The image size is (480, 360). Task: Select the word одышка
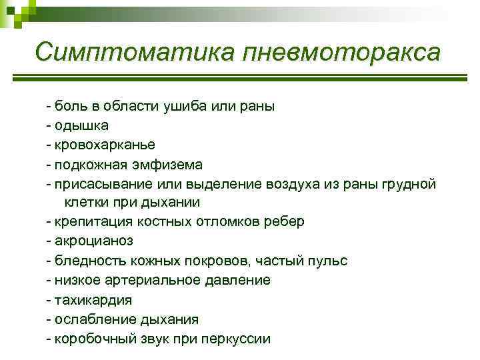click(x=81, y=125)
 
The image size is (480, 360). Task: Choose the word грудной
click(x=409, y=183)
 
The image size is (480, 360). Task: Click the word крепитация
click(x=89, y=221)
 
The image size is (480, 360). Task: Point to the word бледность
click(x=86, y=260)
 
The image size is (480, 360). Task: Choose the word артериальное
click(x=156, y=279)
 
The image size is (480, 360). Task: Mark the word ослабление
click(x=92, y=319)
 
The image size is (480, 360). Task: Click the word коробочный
click(x=93, y=338)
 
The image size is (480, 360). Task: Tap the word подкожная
click(x=89, y=163)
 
